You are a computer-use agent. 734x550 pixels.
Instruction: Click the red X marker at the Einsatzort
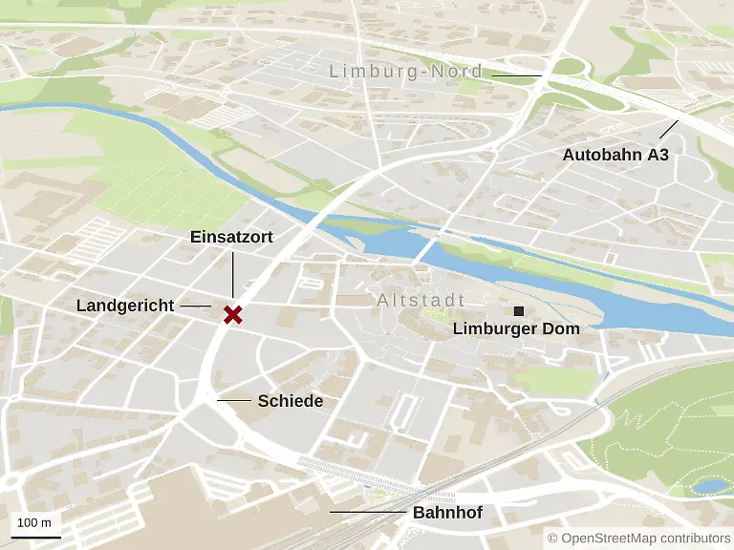click(231, 314)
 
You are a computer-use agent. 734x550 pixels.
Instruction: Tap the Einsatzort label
click(231, 237)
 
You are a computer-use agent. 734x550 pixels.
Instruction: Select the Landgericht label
click(125, 306)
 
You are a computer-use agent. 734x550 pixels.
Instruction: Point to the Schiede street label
click(290, 401)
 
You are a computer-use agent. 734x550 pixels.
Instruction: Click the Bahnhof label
click(447, 513)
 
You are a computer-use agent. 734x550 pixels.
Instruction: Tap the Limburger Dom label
click(516, 329)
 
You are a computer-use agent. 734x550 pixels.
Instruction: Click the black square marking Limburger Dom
click(519, 311)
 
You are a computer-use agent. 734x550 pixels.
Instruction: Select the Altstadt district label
click(421, 301)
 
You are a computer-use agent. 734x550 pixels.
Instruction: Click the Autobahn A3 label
click(615, 155)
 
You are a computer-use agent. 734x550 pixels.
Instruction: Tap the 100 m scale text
click(34, 522)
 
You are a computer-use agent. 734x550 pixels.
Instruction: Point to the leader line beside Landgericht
click(195, 306)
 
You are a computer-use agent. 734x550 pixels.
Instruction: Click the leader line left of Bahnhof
click(367, 513)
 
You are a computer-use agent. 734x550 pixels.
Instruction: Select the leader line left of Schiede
click(234, 401)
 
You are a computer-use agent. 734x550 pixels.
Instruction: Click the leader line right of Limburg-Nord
click(516, 74)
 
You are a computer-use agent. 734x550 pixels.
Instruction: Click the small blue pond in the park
click(709, 486)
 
